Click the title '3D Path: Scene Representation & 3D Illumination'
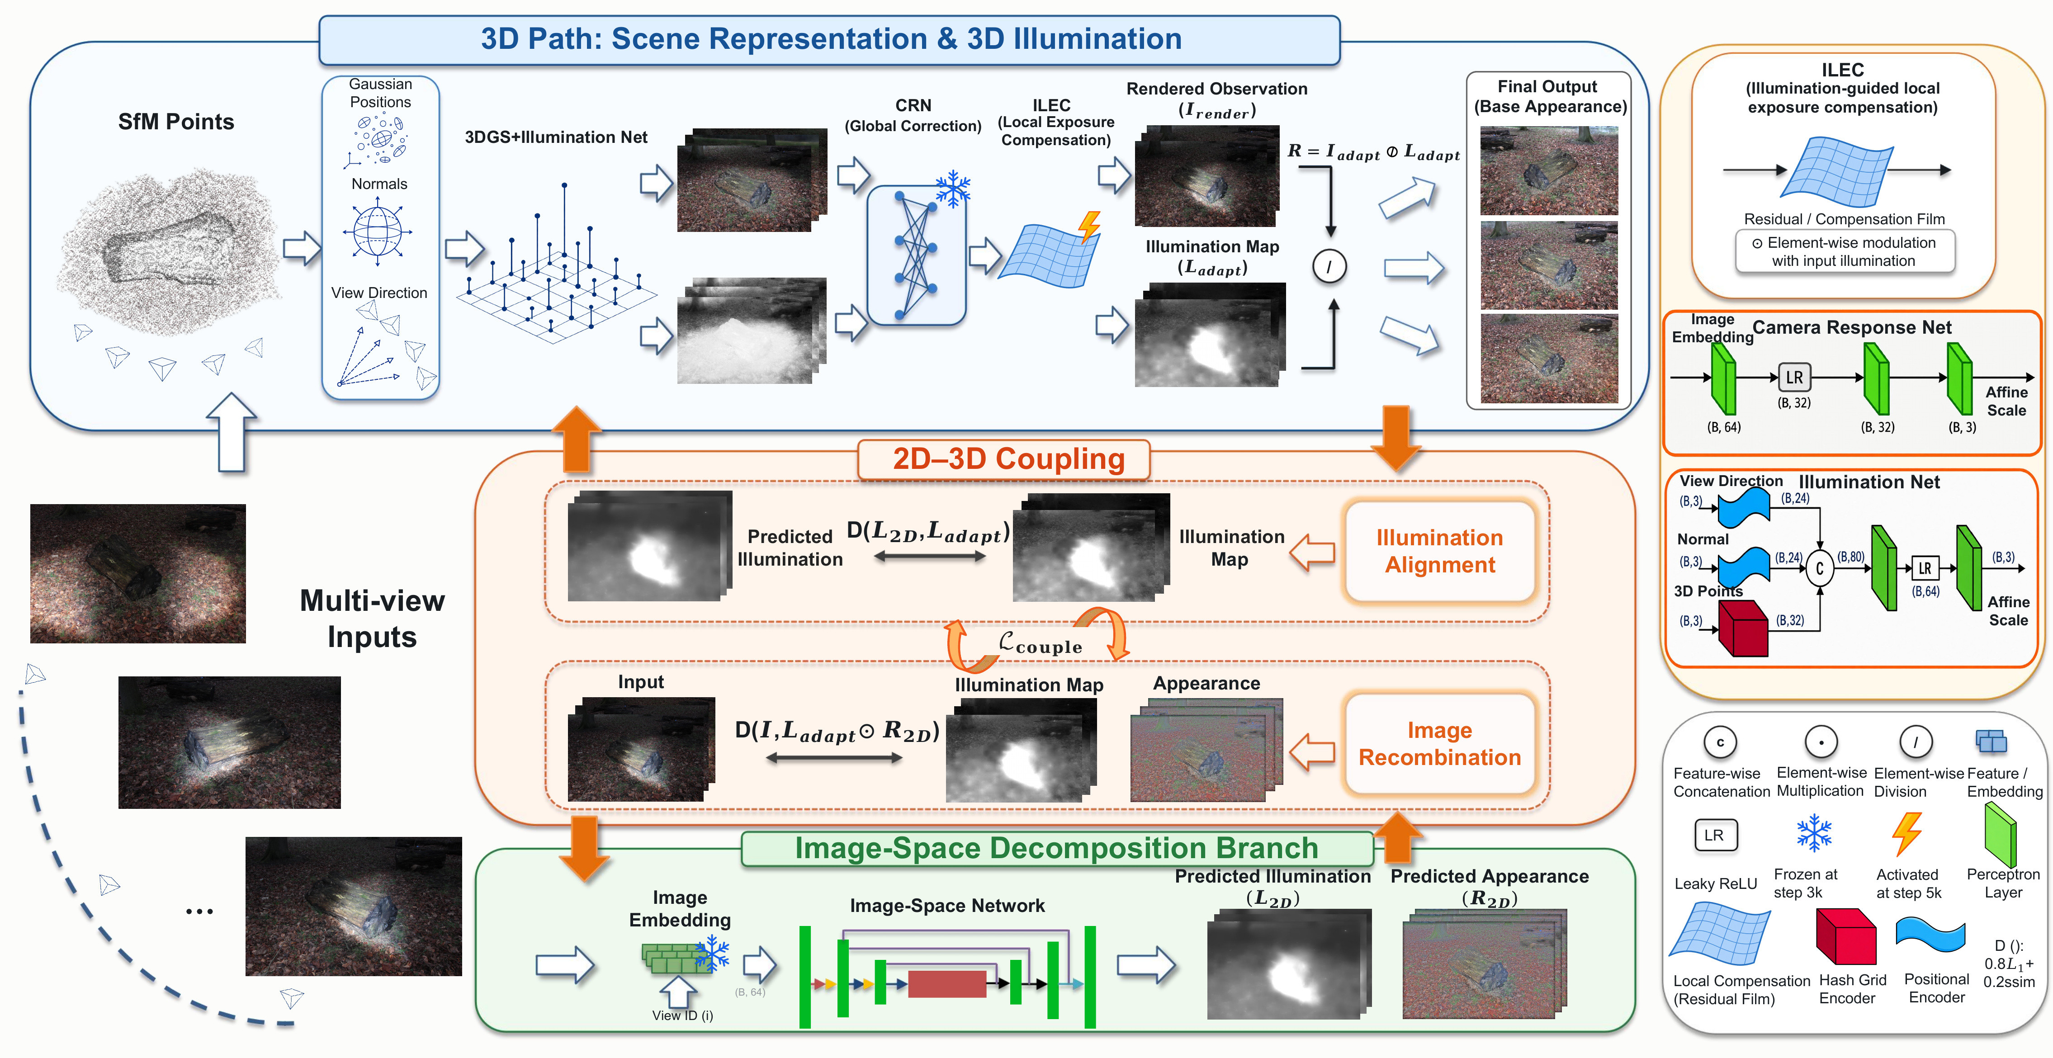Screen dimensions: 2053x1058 pos(830,39)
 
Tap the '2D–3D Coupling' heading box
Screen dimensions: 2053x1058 pos(1004,459)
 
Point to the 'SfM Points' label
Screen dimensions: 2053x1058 pos(176,122)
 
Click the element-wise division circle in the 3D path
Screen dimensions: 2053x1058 pos(1329,266)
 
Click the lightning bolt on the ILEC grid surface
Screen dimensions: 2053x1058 pos(1088,226)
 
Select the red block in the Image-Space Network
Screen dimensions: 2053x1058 pos(947,983)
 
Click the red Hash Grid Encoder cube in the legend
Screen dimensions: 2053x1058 pos(1846,937)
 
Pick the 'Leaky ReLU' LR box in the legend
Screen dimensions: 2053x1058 pos(1714,835)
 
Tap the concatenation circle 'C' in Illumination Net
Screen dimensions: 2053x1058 pos(1820,569)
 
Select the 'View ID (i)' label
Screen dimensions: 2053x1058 pos(682,1016)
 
